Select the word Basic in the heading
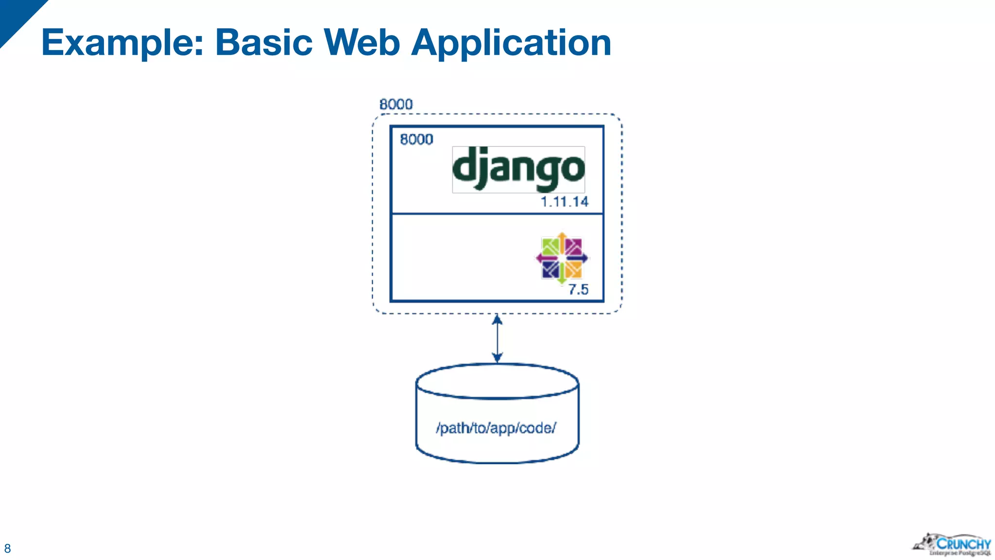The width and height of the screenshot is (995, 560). point(264,43)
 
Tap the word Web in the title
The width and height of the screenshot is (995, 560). point(362,43)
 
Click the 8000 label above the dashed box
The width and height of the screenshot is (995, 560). point(396,105)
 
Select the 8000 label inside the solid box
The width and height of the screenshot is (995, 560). point(416,140)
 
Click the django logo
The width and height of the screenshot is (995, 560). point(518,170)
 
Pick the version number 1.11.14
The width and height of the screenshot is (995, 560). point(565,202)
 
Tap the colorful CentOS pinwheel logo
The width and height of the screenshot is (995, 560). point(562,258)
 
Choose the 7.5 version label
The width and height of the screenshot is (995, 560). point(578,290)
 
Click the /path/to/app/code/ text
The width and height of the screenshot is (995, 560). point(496,428)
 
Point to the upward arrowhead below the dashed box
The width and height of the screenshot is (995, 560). point(497,320)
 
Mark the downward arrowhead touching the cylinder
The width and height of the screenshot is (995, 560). point(497,358)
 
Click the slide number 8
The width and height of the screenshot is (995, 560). point(7,549)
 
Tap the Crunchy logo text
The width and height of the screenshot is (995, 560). point(963,543)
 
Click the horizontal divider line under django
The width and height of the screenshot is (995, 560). point(497,213)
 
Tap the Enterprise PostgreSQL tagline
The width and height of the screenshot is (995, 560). point(960,553)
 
